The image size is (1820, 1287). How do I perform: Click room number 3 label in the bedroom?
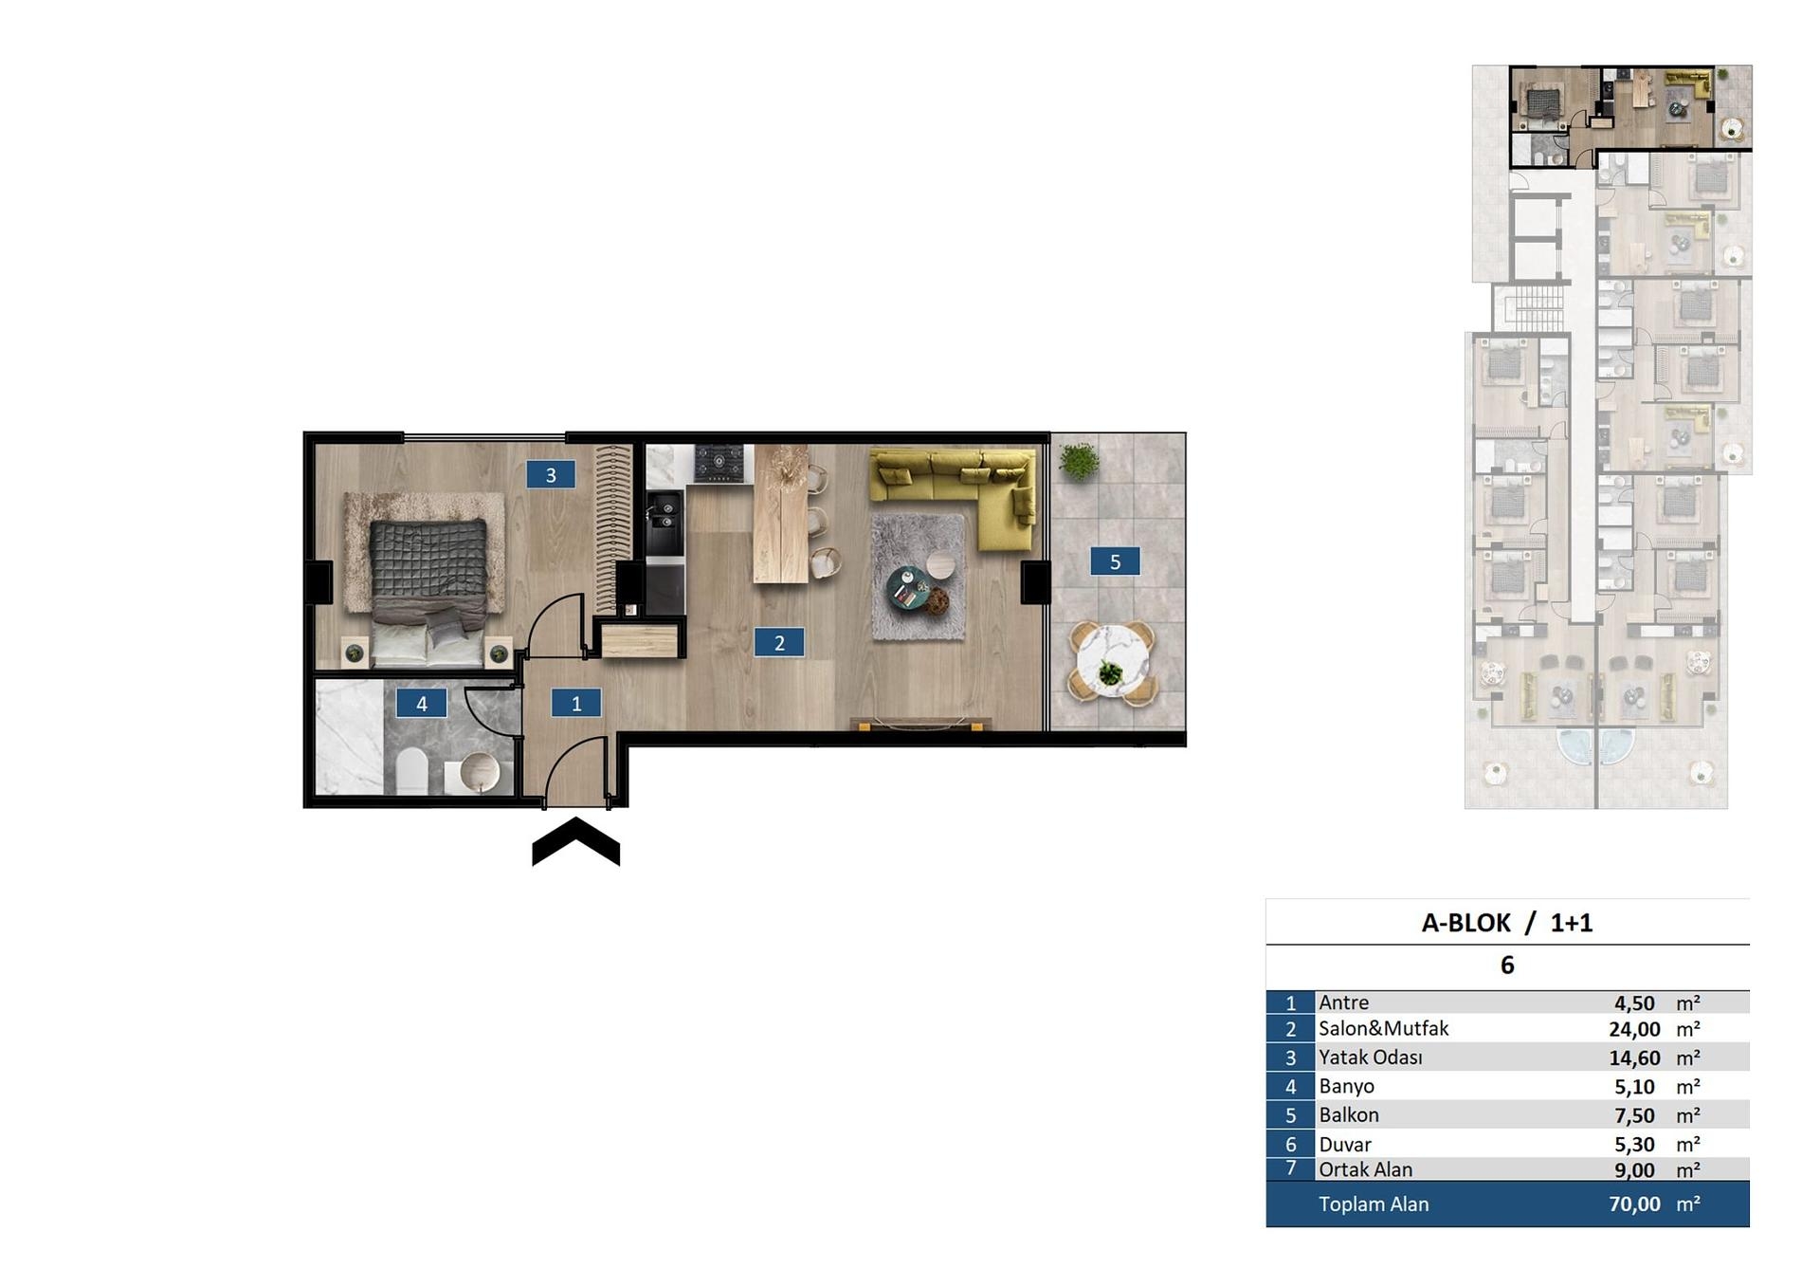[x=551, y=474]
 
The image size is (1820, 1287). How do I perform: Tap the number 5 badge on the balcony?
[x=1115, y=561]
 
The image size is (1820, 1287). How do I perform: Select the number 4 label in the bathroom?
[x=422, y=703]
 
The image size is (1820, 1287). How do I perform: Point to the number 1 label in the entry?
[x=576, y=703]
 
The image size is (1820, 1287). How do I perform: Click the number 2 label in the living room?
[x=779, y=642]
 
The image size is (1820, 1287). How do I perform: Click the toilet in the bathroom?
[x=412, y=770]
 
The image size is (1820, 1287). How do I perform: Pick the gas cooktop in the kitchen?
[x=719, y=463]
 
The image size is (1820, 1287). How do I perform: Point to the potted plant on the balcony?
[x=1079, y=462]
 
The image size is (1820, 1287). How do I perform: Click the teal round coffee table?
[x=908, y=587]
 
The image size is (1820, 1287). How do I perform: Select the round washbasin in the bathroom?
[x=478, y=772]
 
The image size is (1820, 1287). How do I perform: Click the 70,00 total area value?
[x=1634, y=1204]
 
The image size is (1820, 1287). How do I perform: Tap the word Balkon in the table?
[x=1348, y=1115]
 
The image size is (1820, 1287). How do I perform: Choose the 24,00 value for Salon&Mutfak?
[x=1634, y=1030]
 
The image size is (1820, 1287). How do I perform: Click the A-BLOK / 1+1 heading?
[x=1506, y=923]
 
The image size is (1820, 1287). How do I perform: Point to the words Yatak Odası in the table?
[x=1370, y=1057]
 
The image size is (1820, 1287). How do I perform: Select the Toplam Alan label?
[x=1374, y=1204]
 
